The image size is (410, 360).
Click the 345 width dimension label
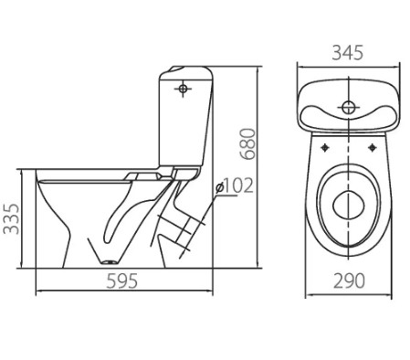[x=347, y=52]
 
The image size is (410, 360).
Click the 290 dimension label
[x=349, y=281]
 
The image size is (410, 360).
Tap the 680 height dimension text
[x=247, y=143]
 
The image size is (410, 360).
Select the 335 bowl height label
[x=11, y=218]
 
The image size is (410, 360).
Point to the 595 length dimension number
[x=121, y=281]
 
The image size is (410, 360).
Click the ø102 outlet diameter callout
[x=234, y=185]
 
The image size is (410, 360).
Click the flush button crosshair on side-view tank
[x=183, y=89]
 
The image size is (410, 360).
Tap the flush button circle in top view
[x=348, y=107]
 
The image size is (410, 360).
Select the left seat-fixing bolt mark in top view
[x=325, y=148]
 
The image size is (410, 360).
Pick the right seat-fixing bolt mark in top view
[x=372, y=148]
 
